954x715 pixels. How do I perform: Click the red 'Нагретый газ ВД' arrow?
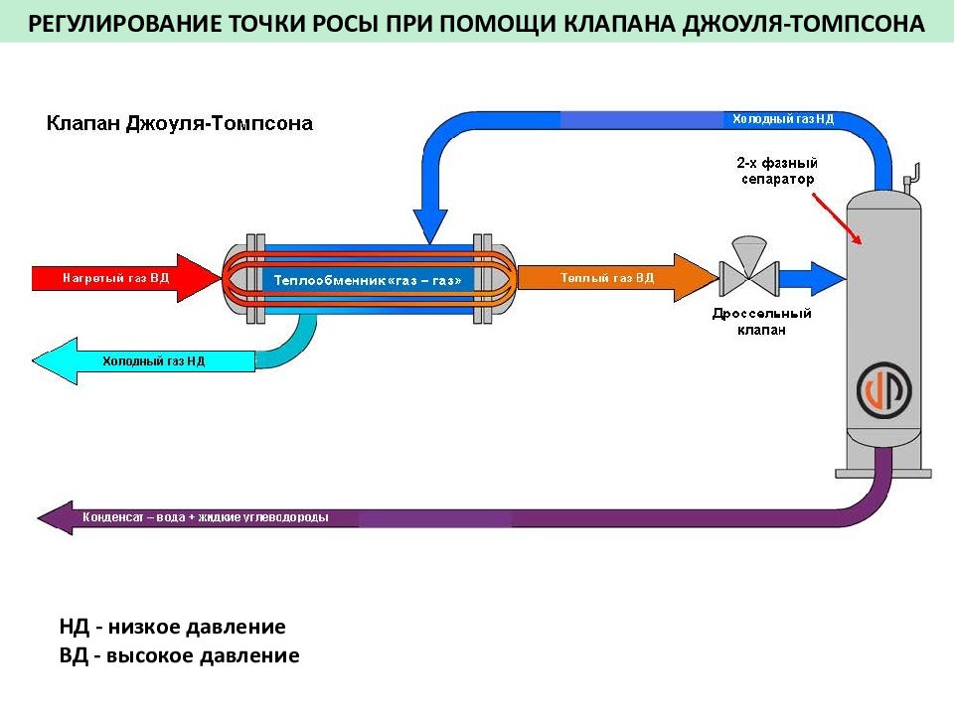coord(126,278)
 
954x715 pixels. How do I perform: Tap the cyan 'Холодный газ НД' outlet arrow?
coord(143,361)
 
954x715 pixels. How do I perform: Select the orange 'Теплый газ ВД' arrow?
coord(617,278)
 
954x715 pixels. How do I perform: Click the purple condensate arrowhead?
coord(56,518)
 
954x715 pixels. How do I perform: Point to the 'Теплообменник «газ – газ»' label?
coord(368,280)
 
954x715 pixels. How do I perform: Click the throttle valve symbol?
coord(749,267)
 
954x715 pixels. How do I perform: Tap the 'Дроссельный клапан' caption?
coord(762,322)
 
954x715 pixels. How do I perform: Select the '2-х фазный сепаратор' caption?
coord(777,171)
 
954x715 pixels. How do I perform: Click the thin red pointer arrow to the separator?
coord(837,218)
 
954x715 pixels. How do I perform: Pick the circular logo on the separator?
coord(884,390)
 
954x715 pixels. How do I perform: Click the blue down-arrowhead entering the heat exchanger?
coord(430,226)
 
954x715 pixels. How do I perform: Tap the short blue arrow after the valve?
coord(813,279)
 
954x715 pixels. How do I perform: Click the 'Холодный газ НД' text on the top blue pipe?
coord(783,118)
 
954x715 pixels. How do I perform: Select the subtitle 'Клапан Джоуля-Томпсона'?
coord(180,123)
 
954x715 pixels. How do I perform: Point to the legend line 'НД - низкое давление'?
coord(172,627)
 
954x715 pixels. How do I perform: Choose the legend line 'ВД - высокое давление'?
coord(180,655)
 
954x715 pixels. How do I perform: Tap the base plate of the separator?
coord(883,474)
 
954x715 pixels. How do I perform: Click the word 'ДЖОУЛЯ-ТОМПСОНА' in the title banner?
coord(804,24)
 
